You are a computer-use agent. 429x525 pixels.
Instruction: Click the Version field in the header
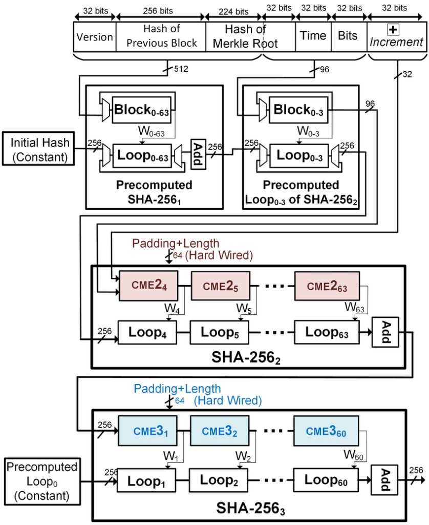point(95,37)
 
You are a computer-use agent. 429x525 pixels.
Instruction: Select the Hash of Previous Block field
point(161,36)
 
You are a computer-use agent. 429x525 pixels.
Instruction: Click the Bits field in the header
point(349,36)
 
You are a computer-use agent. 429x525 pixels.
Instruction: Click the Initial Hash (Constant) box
point(38,150)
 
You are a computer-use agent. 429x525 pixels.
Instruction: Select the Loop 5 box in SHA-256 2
point(219,332)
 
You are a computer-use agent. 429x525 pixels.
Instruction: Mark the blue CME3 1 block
point(147,432)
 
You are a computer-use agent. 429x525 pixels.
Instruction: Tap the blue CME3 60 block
point(326,432)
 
